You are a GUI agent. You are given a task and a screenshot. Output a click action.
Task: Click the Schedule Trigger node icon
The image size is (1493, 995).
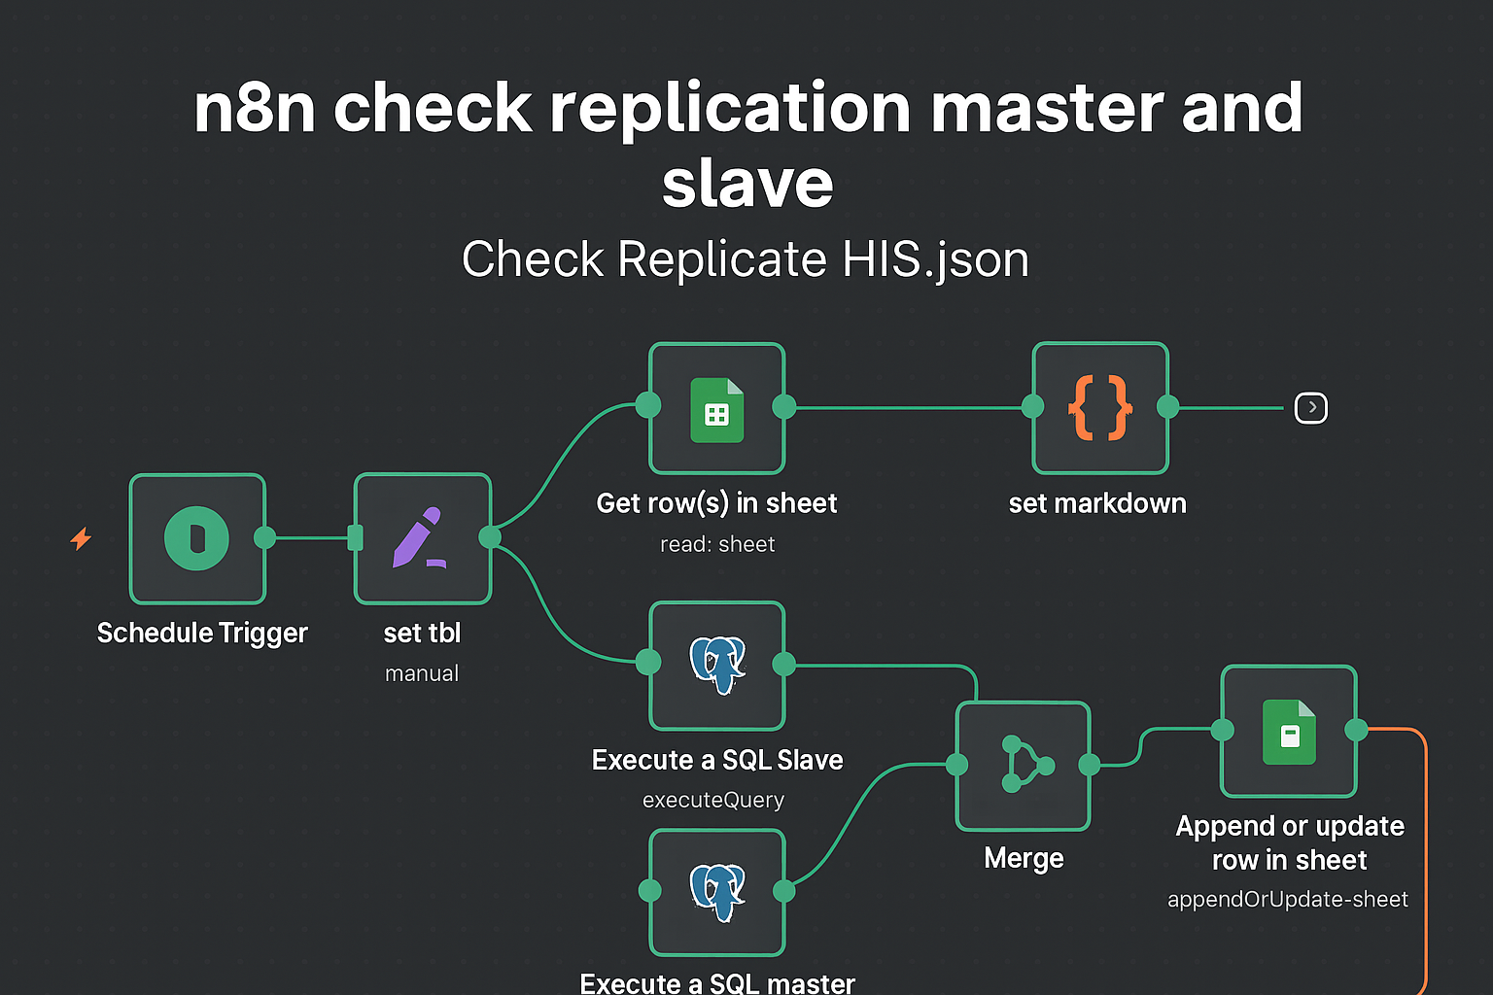pyautogui.click(x=197, y=538)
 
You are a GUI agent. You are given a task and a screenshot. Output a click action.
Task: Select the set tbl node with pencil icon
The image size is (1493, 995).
pyautogui.click(x=422, y=538)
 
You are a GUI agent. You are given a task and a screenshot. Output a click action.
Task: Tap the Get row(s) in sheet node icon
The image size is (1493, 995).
pyautogui.click(x=716, y=408)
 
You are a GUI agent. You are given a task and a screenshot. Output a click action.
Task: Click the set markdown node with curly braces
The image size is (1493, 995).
pyautogui.click(x=1099, y=408)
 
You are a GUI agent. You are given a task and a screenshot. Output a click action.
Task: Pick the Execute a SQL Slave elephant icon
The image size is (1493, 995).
pyautogui.click(x=717, y=665)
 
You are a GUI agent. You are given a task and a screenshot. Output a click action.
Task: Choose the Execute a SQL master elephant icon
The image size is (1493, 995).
pyautogui.click(x=717, y=892)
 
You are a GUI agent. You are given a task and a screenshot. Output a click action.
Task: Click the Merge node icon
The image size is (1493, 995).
pyautogui.click(x=1024, y=766)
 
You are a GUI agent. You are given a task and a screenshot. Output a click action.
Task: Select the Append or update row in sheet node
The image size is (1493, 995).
pyautogui.click(x=1289, y=731)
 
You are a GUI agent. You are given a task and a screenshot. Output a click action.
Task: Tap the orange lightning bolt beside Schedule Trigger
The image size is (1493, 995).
pyautogui.click(x=81, y=538)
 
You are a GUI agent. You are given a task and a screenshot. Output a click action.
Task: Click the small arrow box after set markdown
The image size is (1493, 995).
pyautogui.click(x=1311, y=408)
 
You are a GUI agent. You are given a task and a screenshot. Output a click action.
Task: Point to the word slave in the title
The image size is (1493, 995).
pyautogui.click(x=747, y=183)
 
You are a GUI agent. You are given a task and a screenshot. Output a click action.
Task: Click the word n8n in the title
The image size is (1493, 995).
pyautogui.click(x=254, y=108)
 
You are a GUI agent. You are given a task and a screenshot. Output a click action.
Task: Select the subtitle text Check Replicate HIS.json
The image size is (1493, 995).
pyautogui.click(x=746, y=259)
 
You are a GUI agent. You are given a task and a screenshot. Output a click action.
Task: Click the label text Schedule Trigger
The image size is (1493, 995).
pyautogui.click(x=202, y=634)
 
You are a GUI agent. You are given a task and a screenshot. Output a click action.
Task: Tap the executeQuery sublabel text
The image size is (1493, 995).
pyautogui.click(x=713, y=801)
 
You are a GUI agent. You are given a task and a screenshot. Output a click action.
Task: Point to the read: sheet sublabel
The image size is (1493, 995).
pyautogui.click(x=717, y=545)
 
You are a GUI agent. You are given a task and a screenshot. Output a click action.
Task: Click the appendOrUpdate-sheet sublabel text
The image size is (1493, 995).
pyautogui.click(x=1288, y=900)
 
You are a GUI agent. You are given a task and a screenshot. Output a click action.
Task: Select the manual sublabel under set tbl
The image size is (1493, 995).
pyautogui.click(x=422, y=674)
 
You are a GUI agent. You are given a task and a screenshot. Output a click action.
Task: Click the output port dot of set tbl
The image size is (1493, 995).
pyautogui.click(x=490, y=537)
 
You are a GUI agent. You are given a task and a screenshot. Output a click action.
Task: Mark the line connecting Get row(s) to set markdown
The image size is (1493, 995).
pyautogui.click(x=909, y=408)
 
